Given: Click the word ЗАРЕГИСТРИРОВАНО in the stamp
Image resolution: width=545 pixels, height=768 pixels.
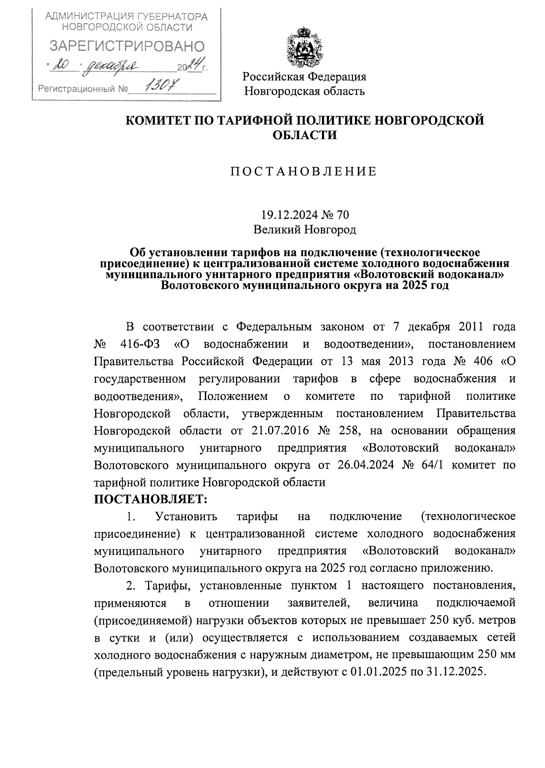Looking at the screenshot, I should point(127,46).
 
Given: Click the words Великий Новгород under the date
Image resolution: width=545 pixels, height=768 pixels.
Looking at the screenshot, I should point(304,230).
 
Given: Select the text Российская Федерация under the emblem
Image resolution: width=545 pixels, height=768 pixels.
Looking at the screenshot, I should point(304,76).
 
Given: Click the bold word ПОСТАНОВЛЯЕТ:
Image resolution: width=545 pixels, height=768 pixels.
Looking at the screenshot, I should point(150,499).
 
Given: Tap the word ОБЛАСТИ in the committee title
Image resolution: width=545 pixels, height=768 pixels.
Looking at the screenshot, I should point(304,135).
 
